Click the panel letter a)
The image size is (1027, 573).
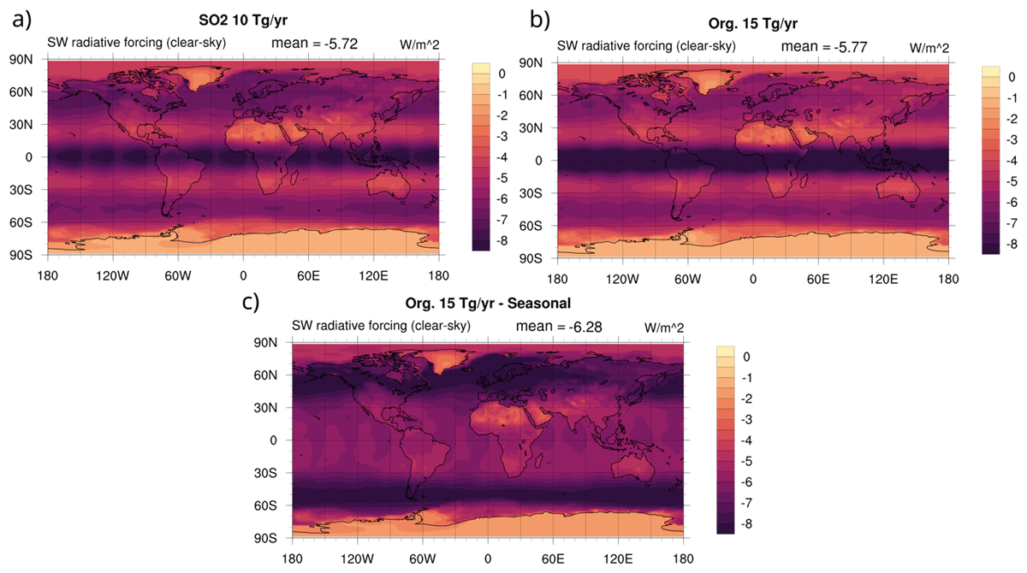pyautogui.click(x=21, y=21)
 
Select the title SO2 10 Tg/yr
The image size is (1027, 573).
pyautogui.click(x=243, y=21)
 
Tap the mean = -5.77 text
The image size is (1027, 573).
pyautogui.click(x=824, y=46)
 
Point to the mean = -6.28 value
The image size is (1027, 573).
pyautogui.click(x=558, y=326)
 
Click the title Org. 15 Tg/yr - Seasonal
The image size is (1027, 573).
pyautogui.click(x=488, y=304)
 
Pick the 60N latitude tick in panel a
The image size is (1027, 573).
pyautogui.click(x=21, y=92)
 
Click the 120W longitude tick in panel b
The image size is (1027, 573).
pyautogui.click(x=622, y=279)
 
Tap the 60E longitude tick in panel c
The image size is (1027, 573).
pyautogui.click(x=553, y=558)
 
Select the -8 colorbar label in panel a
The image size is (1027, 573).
pyautogui.click(x=502, y=240)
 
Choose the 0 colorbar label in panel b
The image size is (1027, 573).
pyautogui.click(x=1012, y=77)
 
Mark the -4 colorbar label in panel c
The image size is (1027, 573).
pyautogui.click(x=746, y=440)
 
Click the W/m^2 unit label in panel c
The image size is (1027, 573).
pyautogui.click(x=664, y=328)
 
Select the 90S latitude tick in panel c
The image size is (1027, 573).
pyautogui.click(x=265, y=538)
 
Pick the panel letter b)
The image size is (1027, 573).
pyautogui.click(x=540, y=21)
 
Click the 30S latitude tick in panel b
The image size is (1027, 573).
pyautogui.click(x=531, y=193)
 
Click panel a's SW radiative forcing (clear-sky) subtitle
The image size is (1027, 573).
pyautogui.click(x=137, y=43)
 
